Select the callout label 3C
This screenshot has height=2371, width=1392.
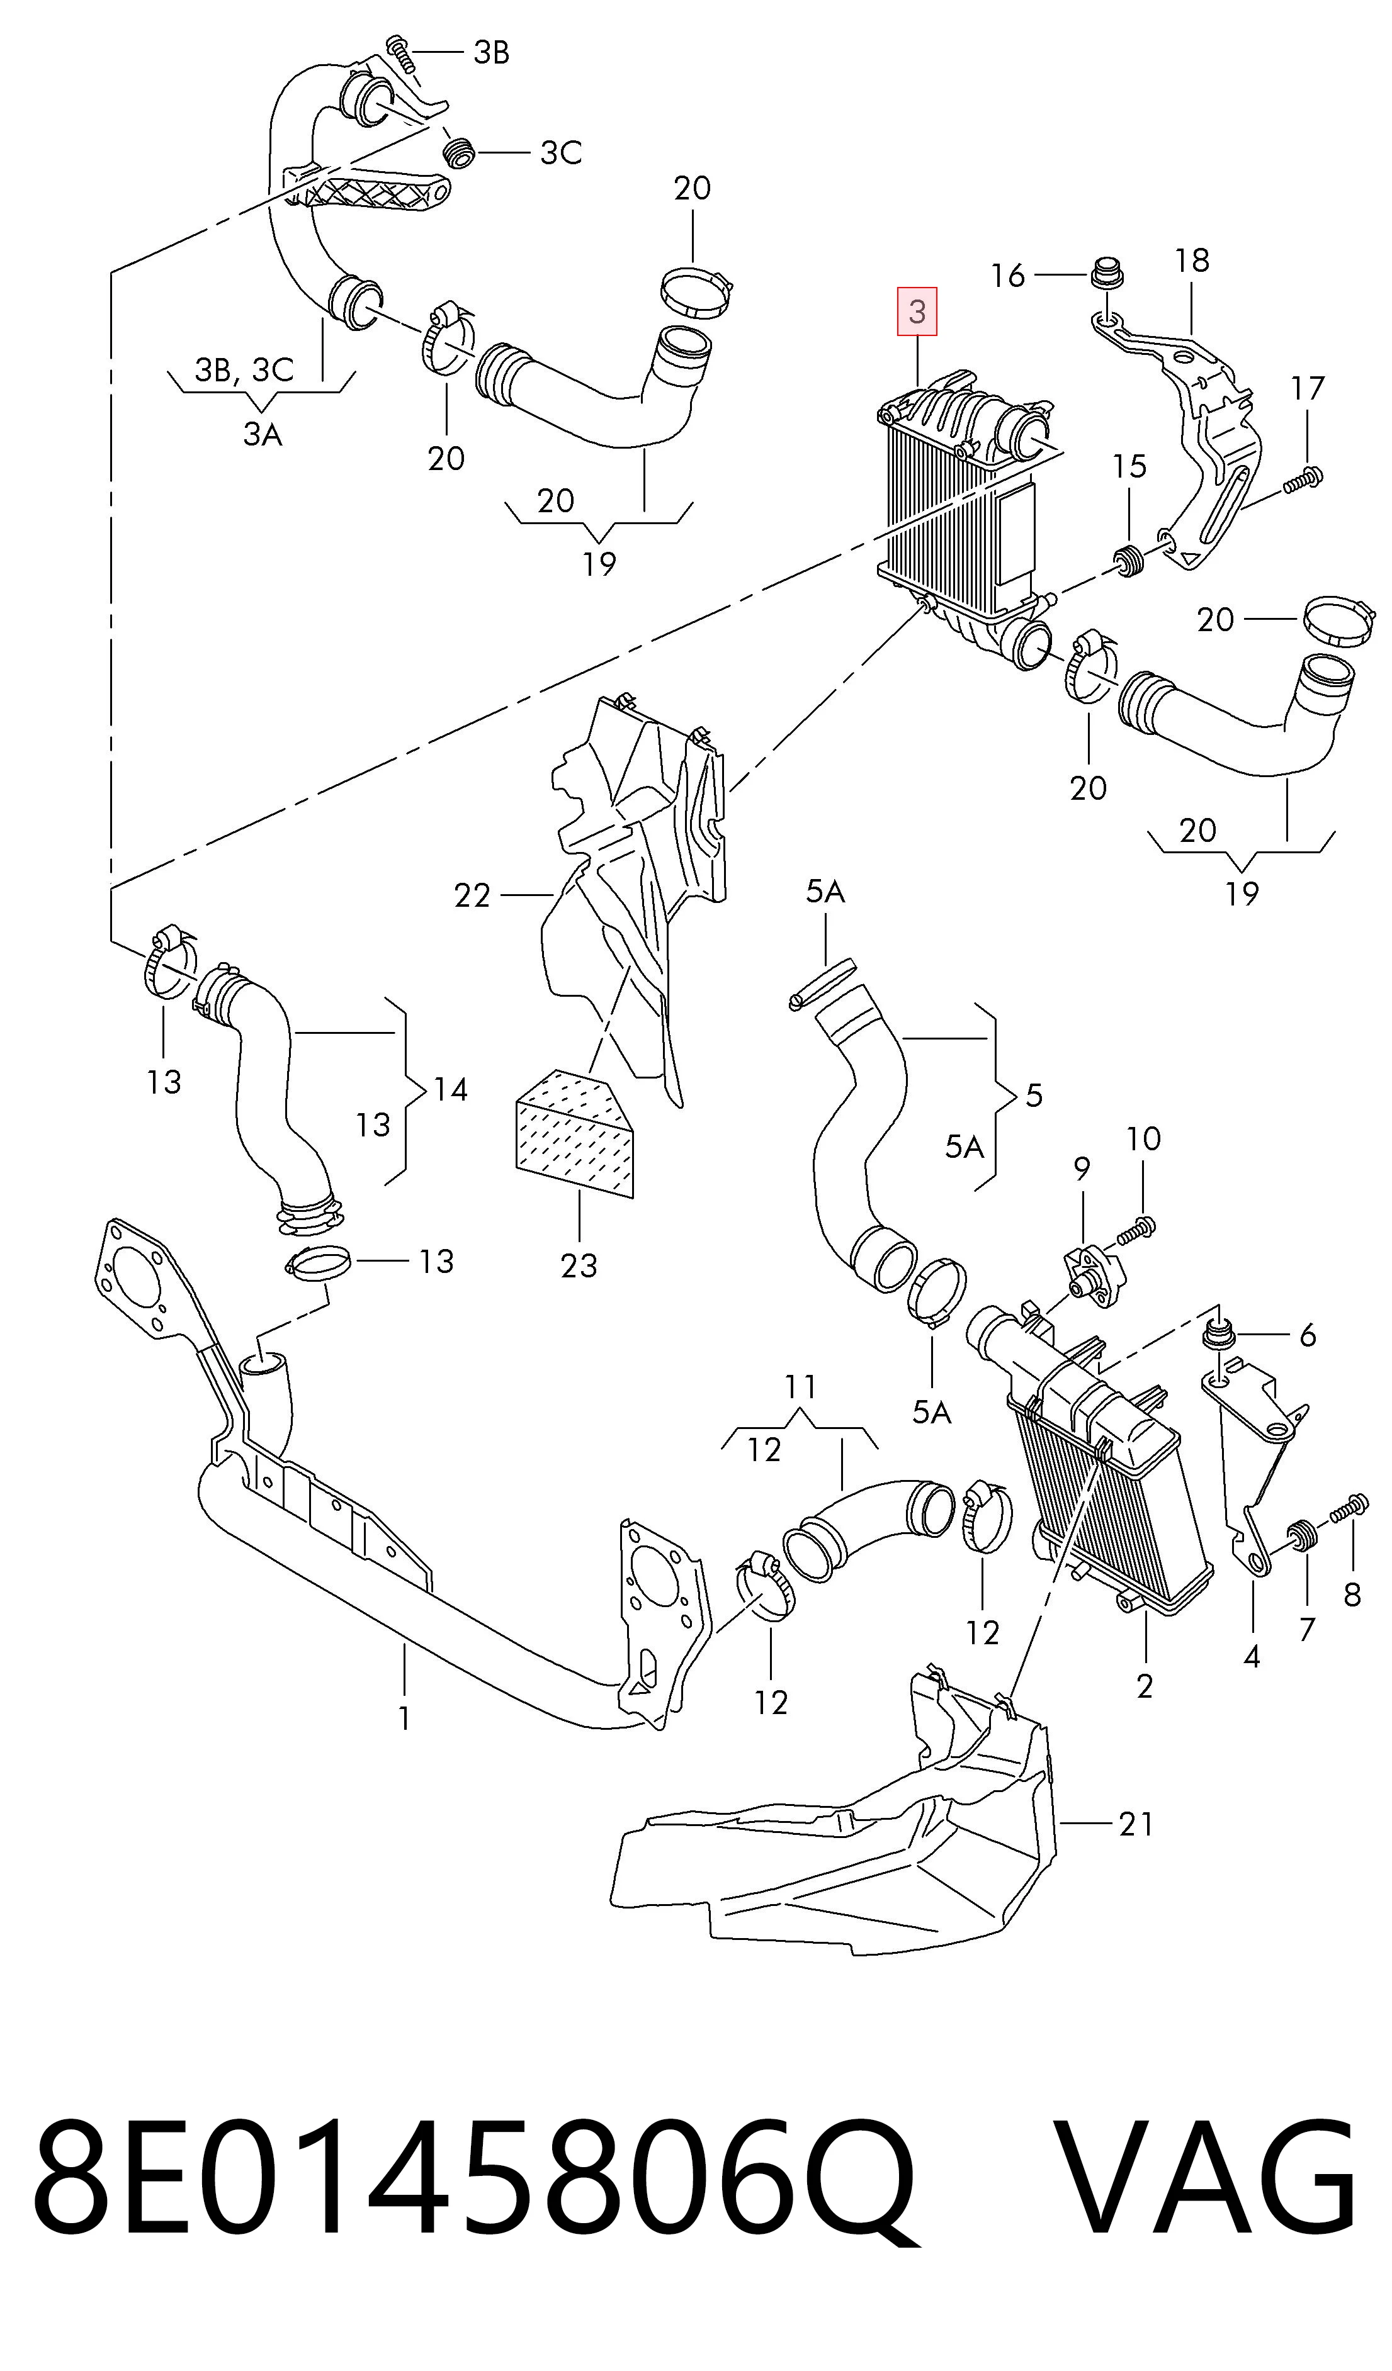click(x=561, y=152)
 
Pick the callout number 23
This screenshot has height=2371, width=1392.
click(x=579, y=1265)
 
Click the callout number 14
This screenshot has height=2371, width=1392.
click(x=450, y=1089)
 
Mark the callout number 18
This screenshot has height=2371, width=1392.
click(x=1192, y=260)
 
